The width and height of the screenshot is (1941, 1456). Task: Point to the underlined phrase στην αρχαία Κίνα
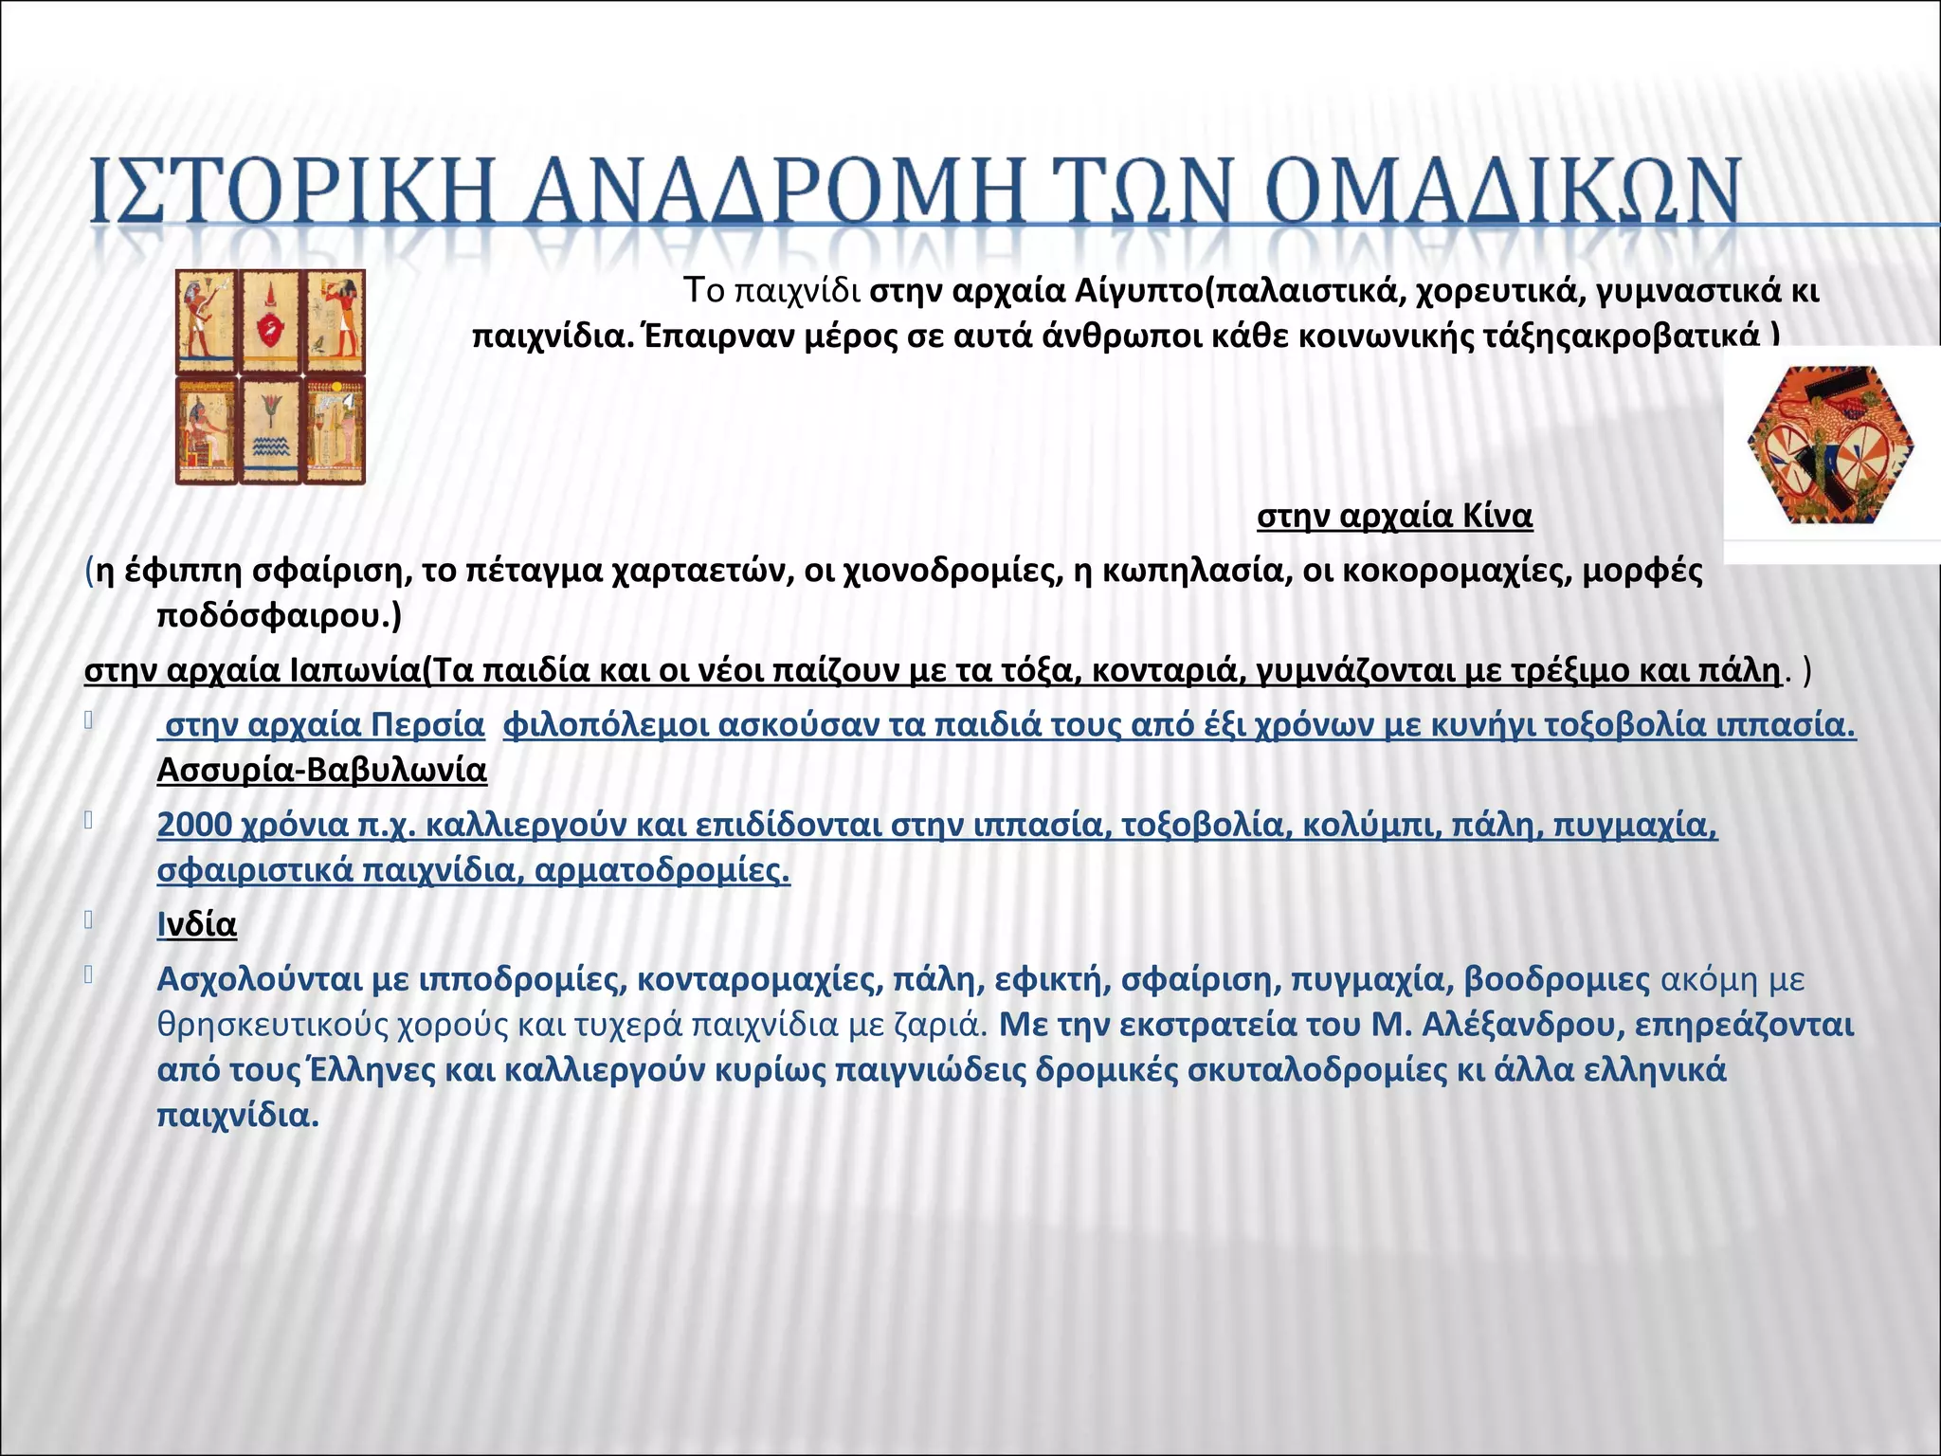coord(1394,517)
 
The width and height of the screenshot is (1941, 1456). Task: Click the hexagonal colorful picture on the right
coord(1830,446)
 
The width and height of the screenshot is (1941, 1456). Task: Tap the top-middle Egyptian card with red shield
coord(270,322)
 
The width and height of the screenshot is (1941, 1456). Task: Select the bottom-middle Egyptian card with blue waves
coord(270,429)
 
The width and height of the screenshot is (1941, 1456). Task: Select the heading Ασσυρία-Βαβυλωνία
coord(321,771)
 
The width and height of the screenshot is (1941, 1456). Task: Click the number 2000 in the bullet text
coord(194,826)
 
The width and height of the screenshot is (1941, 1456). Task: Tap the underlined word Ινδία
coord(197,924)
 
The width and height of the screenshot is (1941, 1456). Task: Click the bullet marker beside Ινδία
coord(88,919)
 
